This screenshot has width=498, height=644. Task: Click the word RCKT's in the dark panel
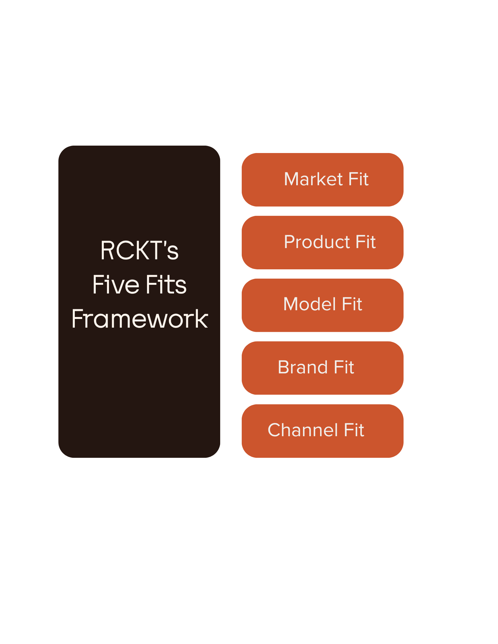(139, 250)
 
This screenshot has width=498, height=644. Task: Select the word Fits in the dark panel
(166, 285)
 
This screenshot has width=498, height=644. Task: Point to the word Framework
(140, 319)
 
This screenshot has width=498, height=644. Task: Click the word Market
(313, 179)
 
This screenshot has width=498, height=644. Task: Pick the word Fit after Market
(358, 179)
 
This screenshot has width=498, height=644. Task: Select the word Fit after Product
(366, 242)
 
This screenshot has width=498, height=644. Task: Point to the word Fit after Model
(352, 304)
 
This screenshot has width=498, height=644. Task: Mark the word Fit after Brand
(344, 367)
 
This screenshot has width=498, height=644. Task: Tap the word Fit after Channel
(354, 430)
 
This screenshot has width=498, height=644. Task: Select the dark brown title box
(139, 387)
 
